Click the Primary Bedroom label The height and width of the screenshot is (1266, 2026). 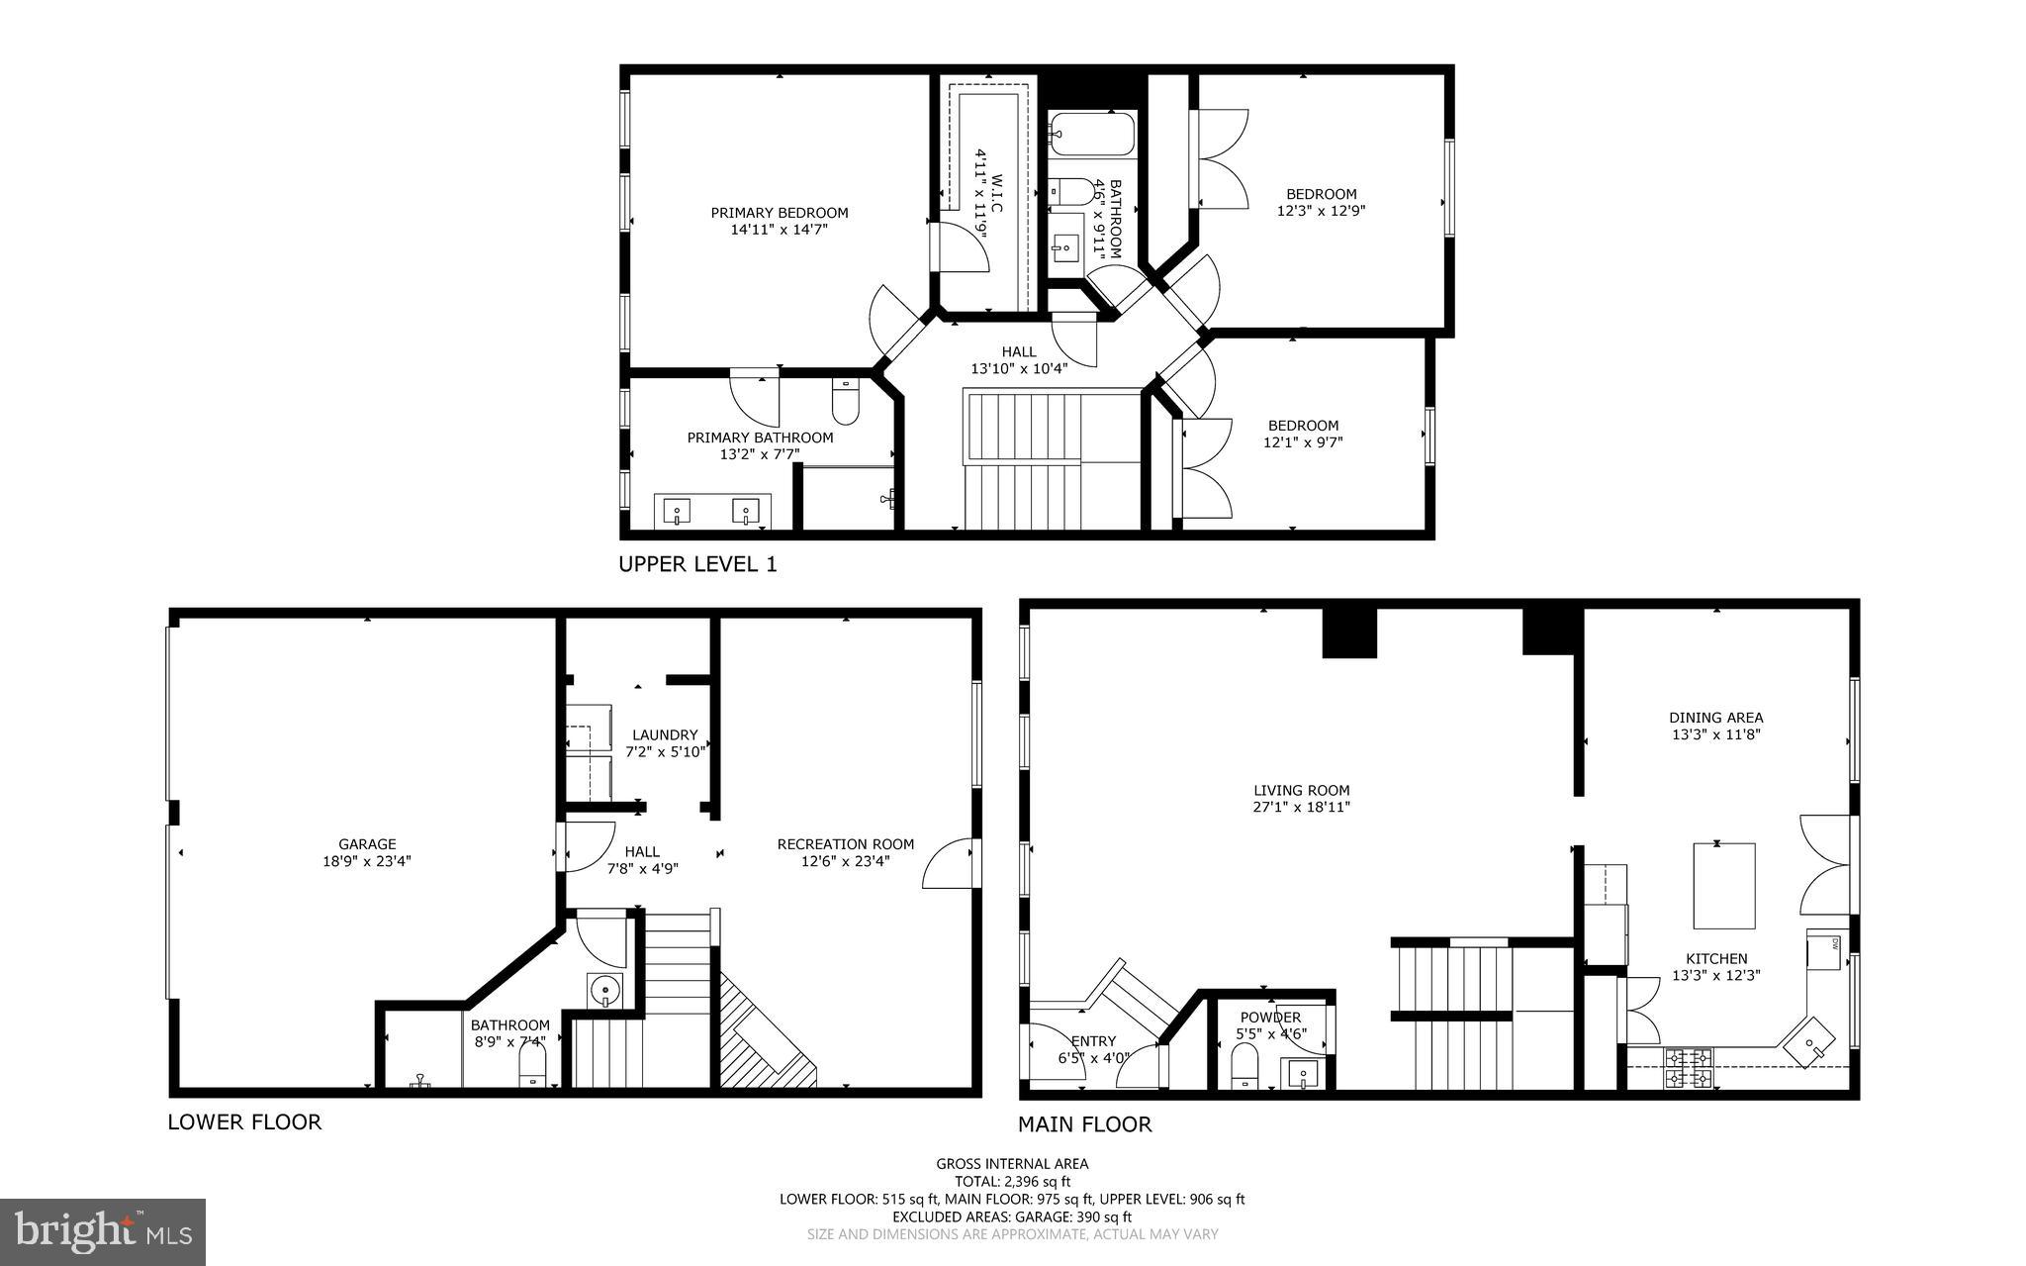tap(780, 213)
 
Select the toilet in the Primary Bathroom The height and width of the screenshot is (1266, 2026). tap(847, 402)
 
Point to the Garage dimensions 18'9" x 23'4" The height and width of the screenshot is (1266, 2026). tap(367, 861)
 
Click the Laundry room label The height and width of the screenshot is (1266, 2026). tap(665, 735)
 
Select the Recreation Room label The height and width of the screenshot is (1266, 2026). tap(845, 844)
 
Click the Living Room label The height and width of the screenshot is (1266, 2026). tap(1301, 790)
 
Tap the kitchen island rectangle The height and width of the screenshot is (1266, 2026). tap(1724, 885)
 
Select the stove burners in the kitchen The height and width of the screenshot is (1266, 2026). tap(1689, 1068)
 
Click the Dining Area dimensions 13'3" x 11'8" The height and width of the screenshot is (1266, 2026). tap(1715, 734)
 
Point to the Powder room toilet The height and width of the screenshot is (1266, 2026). tap(1243, 1068)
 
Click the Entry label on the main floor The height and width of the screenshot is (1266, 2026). tap(1093, 1040)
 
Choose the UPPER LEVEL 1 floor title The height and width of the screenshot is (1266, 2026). tap(697, 564)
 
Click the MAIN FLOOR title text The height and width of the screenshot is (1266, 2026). tap(1084, 1124)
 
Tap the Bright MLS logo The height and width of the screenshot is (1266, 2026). tap(103, 1231)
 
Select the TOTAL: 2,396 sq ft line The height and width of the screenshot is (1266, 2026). tap(1012, 1181)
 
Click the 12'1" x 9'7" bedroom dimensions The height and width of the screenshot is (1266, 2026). tap(1303, 442)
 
